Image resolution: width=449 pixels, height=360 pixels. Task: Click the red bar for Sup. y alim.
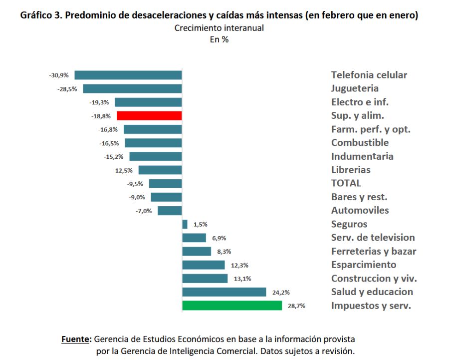click(149, 116)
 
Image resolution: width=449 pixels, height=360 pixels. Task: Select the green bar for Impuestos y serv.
click(232, 306)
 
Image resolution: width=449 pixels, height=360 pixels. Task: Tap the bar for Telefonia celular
click(128, 75)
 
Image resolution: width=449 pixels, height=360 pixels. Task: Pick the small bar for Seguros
click(185, 224)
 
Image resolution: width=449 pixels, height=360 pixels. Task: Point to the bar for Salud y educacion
click(224, 292)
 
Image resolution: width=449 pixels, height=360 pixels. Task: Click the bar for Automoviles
click(170, 211)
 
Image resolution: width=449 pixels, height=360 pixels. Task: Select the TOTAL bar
click(165, 183)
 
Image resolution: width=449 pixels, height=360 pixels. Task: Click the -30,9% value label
click(59, 75)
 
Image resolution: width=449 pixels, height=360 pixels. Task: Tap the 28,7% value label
click(296, 306)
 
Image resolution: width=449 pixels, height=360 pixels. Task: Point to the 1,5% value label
click(201, 225)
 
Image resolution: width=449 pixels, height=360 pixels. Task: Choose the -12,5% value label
click(123, 170)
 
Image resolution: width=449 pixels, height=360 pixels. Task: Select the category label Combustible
click(360, 143)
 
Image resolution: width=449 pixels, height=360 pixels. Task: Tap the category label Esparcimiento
click(364, 265)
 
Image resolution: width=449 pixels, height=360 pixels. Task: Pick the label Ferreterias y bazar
click(374, 251)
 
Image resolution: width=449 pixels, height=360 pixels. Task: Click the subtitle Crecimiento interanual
click(219, 28)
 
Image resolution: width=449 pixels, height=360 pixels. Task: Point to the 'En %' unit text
click(219, 40)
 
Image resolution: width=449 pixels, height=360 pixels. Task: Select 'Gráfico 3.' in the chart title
click(41, 15)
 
